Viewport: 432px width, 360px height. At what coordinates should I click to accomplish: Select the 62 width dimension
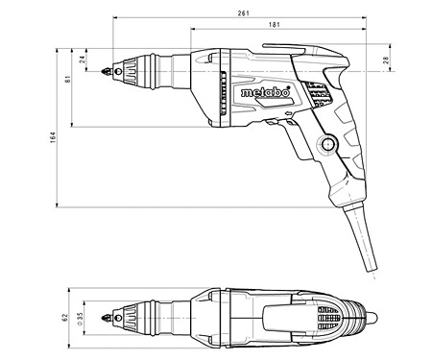[x=66, y=314]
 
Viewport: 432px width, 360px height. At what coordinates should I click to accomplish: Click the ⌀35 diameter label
[x=81, y=314]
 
